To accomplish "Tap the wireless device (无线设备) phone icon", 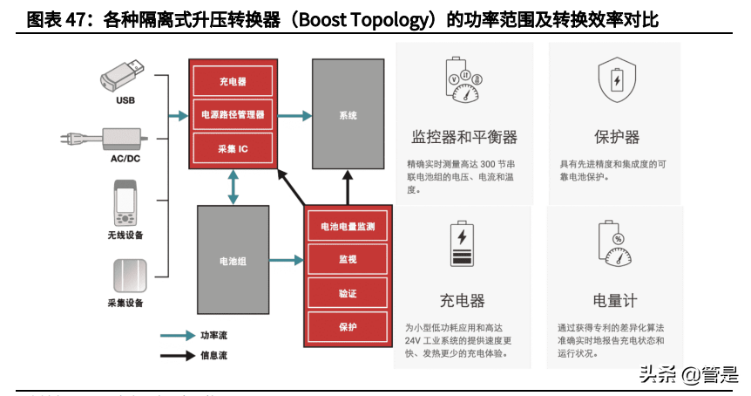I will point(125,204).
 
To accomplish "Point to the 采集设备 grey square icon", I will point(125,276).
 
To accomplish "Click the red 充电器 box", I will point(233,81).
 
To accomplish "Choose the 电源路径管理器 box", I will point(233,114).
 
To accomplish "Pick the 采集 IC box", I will point(233,149).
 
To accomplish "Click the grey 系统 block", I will point(348,115).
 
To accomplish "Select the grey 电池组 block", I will point(233,260).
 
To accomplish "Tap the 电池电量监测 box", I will point(348,227).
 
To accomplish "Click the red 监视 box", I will point(348,259).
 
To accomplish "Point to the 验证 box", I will point(348,293).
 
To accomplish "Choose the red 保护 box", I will point(348,327).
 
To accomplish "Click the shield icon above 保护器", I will point(616,80).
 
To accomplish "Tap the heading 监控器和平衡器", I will point(464,137).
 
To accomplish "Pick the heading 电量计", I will point(615,300).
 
